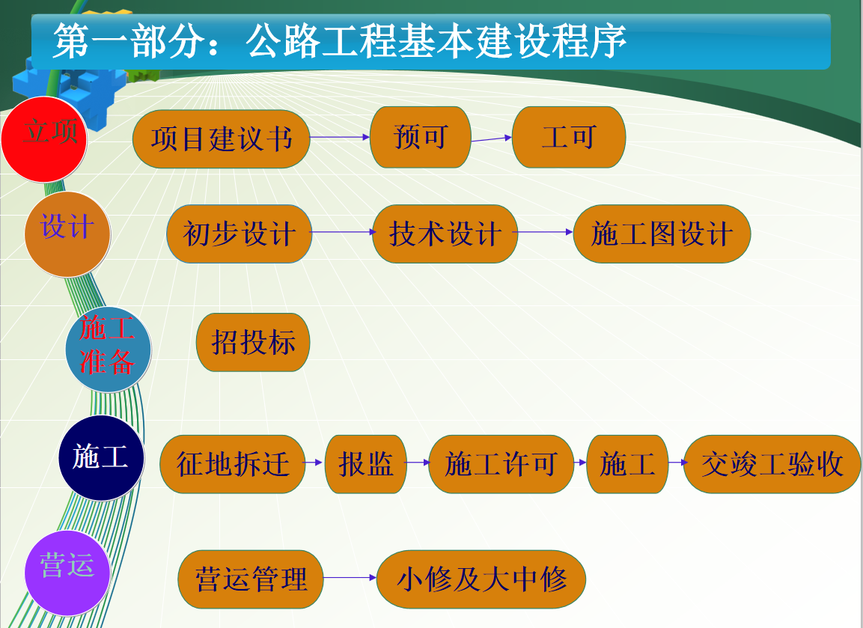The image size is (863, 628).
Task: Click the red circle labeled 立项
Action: click(44, 139)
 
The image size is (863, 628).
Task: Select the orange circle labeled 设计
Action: click(67, 234)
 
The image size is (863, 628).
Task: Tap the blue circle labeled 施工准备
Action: click(108, 350)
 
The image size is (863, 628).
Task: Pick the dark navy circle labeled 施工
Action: click(101, 458)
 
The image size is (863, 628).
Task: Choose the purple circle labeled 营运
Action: click(67, 573)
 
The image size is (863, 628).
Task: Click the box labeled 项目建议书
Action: click(222, 138)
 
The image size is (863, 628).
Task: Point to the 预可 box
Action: click(421, 137)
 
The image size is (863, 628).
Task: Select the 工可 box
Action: click(569, 137)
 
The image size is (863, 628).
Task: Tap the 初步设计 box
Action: click(240, 234)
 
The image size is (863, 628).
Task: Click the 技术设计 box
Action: click(445, 234)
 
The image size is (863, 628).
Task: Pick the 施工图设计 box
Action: click(662, 234)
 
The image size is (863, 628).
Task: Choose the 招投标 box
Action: click(253, 342)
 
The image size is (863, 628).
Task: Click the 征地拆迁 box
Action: click(233, 464)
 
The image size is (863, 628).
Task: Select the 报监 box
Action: click(366, 464)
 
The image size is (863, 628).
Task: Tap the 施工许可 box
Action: click(501, 464)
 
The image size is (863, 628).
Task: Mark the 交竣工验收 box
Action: click(772, 464)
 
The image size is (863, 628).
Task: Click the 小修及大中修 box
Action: click(481, 579)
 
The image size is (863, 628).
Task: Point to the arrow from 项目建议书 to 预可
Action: click(340, 137)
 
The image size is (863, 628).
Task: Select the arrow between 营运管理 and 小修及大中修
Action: click(350, 577)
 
